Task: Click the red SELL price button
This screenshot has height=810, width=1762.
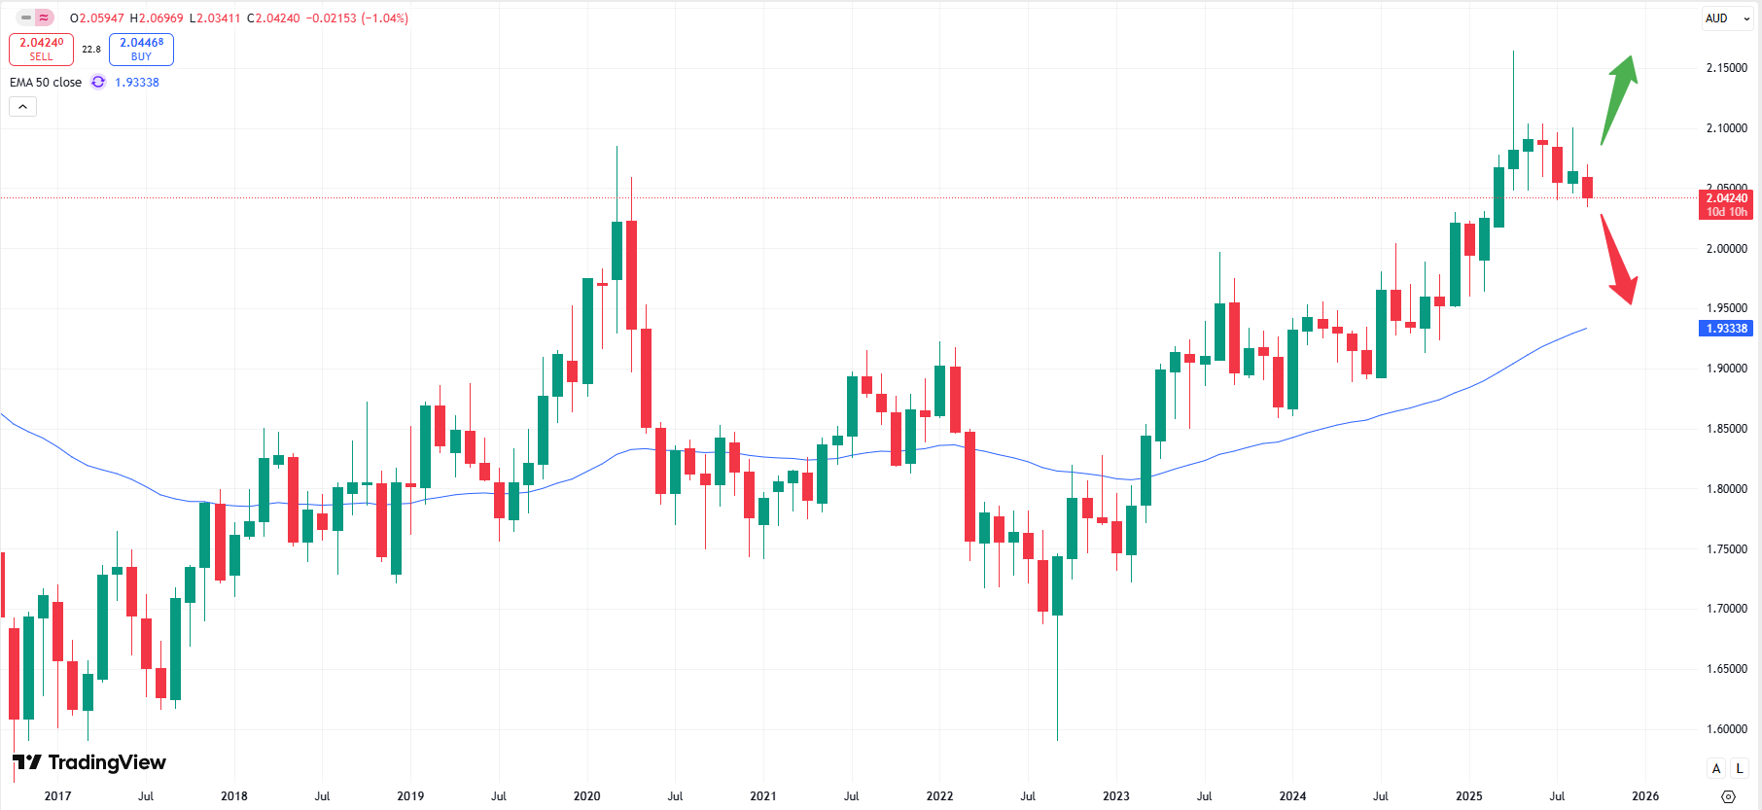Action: pyautogui.click(x=41, y=49)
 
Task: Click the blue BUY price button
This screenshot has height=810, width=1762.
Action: pyautogui.click(x=141, y=49)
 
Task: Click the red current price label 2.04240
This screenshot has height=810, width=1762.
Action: pyautogui.click(x=1726, y=204)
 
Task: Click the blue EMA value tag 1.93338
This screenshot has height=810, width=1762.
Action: pyautogui.click(x=1726, y=329)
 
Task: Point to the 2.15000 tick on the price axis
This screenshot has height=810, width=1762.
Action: pyautogui.click(x=1726, y=68)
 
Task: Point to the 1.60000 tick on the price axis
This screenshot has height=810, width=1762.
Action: pyautogui.click(x=1726, y=729)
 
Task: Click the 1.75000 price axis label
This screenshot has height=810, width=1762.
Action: pyautogui.click(x=1726, y=549)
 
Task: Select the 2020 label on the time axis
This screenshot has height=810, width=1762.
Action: pyautogui.click(x=586, y=796)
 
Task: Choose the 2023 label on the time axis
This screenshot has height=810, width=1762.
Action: pyautogui.click(x=1115, y=796)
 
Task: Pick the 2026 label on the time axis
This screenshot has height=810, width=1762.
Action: pyautogui.click(x=1644, y=796)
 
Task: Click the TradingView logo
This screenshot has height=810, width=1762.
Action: pyautogui.click(x=89, y=762)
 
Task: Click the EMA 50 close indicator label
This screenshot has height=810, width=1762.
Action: pyautogui.click(x=46, y=83)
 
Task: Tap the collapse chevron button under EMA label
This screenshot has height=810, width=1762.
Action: pyautogui.click(x=22, y=107)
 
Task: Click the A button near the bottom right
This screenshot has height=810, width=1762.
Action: pyautogui.click(x=1716, y=769)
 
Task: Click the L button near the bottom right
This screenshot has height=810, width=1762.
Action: pyautogui.click(x=1740, y=769)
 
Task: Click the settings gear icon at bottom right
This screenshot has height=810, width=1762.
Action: pyautogui.click(x=1728, y=796)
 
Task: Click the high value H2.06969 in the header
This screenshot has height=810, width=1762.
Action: pyautogui.click(x=157, y=18)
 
